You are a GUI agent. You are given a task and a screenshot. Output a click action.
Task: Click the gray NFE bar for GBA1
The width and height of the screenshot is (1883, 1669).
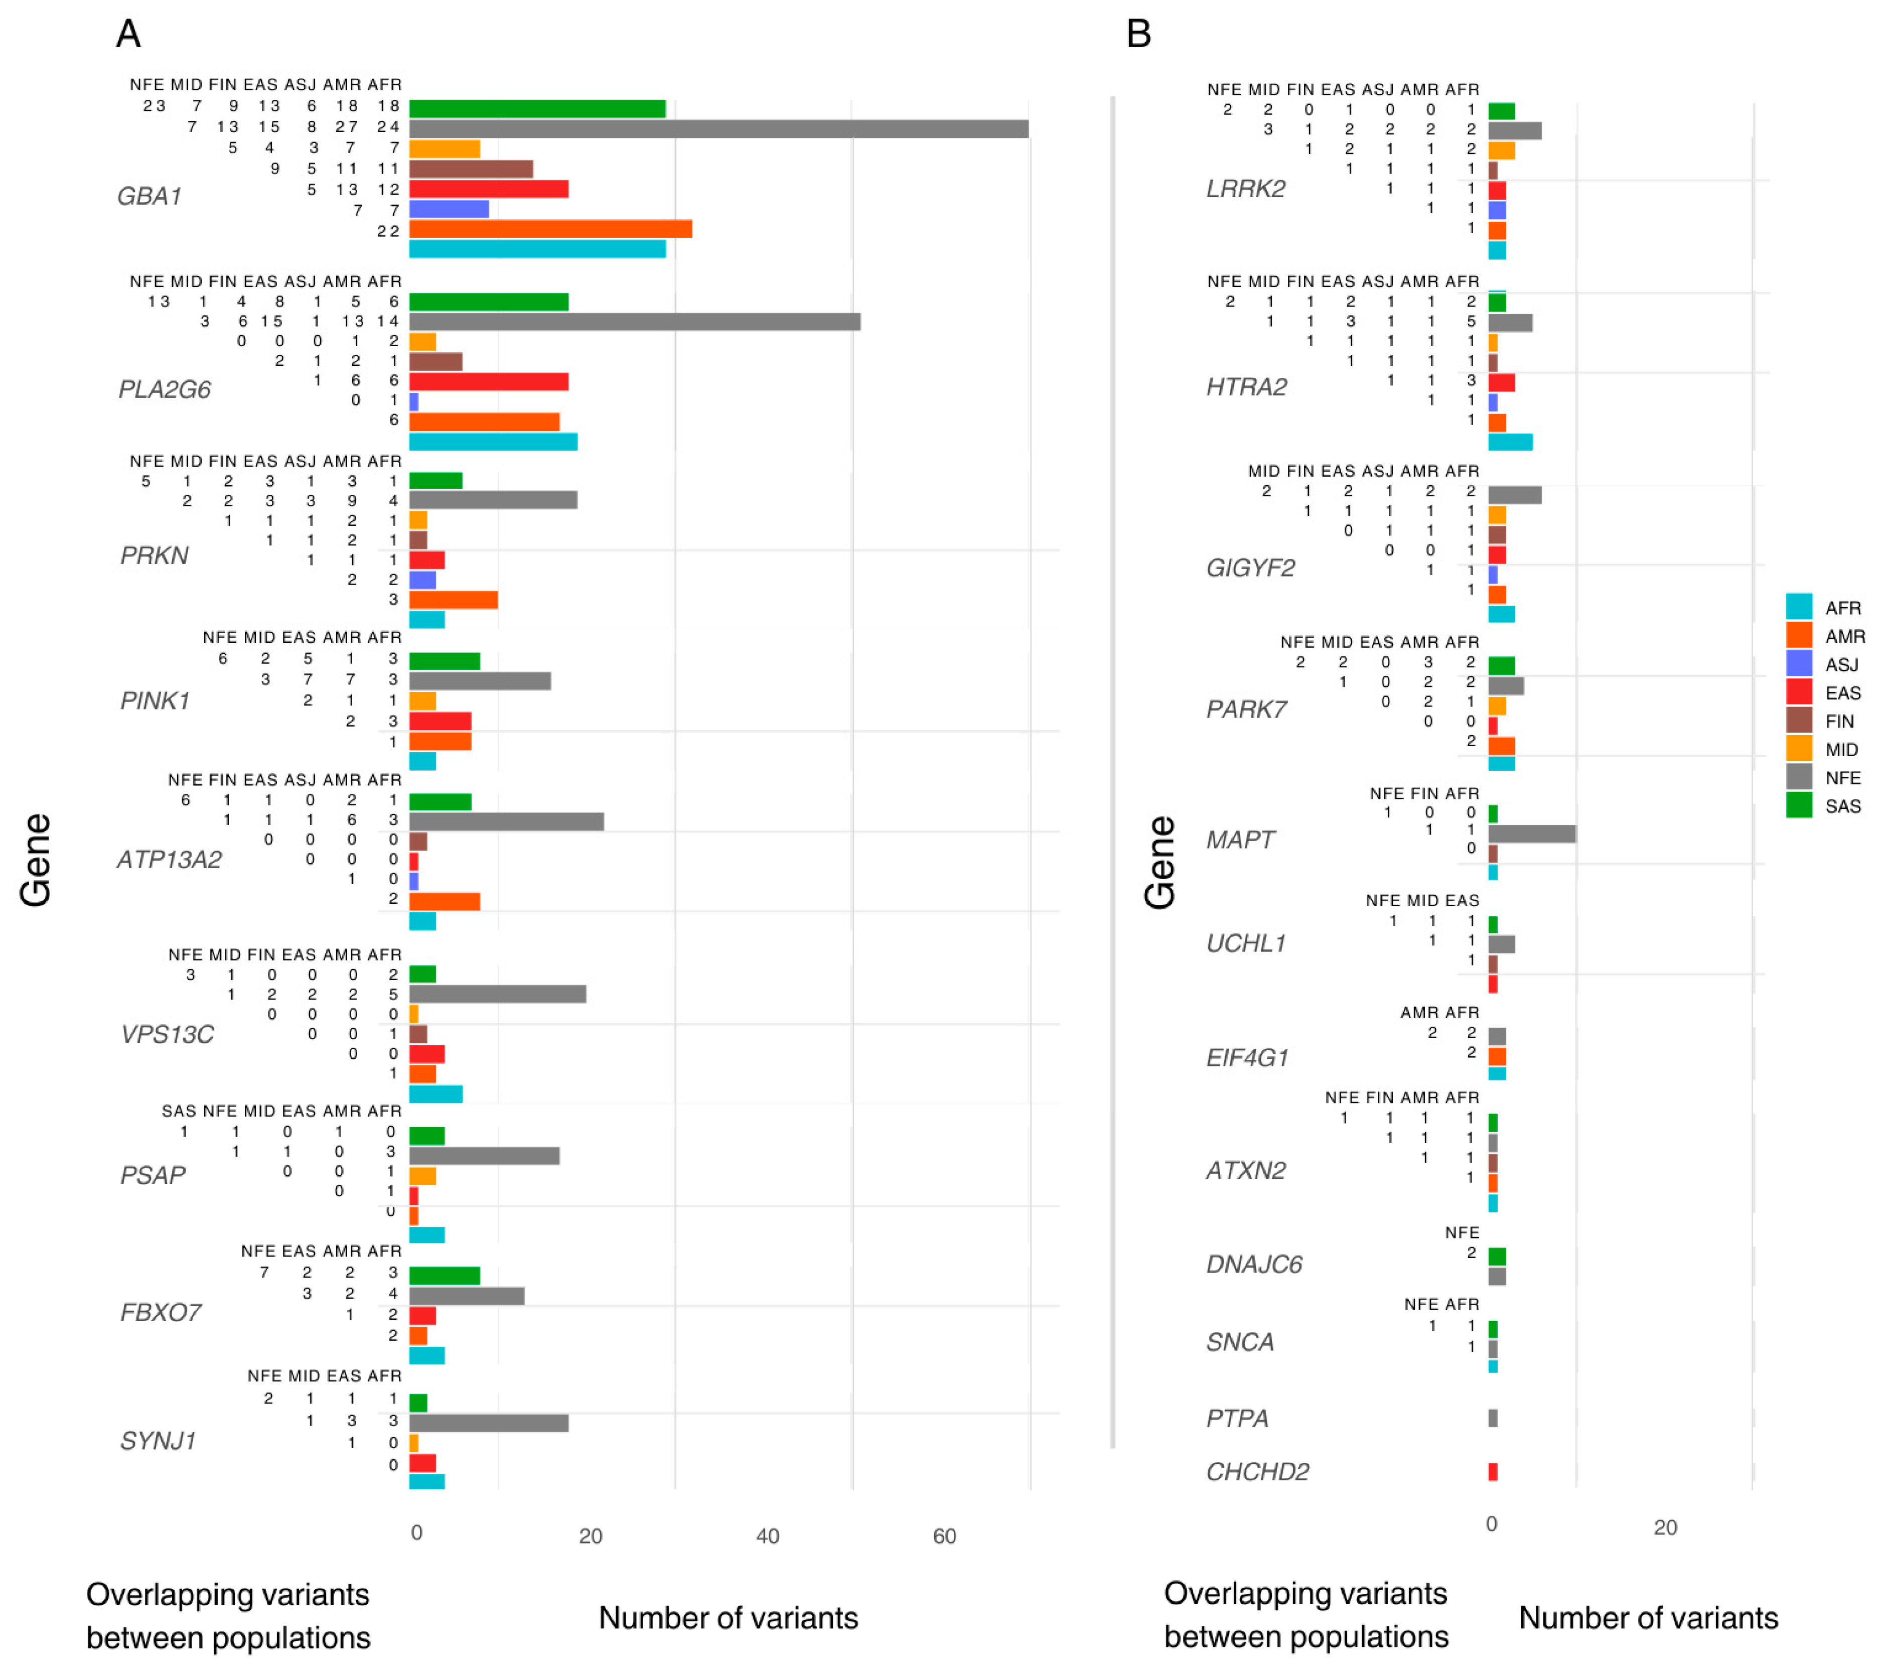[718, 129]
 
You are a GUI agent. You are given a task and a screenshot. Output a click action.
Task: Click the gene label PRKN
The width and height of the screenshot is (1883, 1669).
[154, 555]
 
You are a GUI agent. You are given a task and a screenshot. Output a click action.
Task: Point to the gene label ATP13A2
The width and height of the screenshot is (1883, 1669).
[170, 860]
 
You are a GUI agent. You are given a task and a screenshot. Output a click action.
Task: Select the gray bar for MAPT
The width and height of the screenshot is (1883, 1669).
[1531, 834]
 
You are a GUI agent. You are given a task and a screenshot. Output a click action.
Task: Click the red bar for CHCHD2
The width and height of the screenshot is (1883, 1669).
[1492, 1472]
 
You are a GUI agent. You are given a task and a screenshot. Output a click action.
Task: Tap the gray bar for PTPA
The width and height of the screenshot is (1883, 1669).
[1492, 1418]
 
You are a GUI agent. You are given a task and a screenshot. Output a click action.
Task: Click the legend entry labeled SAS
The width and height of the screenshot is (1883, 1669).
[1842, 806]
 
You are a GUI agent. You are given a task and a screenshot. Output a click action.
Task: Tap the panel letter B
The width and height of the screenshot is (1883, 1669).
[1138, 34]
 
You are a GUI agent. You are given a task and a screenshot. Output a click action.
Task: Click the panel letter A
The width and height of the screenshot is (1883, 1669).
[128, 34]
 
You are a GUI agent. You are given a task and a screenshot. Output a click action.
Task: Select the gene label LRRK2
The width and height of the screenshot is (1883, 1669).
[1245, 189]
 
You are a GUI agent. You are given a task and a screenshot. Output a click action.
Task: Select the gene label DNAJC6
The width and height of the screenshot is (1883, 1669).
[1254, 1265]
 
